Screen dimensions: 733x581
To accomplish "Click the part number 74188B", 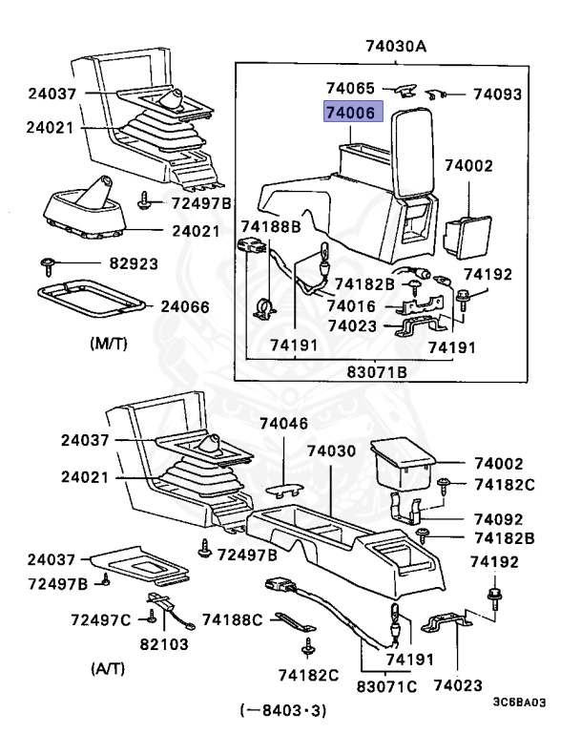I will pos(270,226).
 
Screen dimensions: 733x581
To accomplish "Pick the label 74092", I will pos(496,520).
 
